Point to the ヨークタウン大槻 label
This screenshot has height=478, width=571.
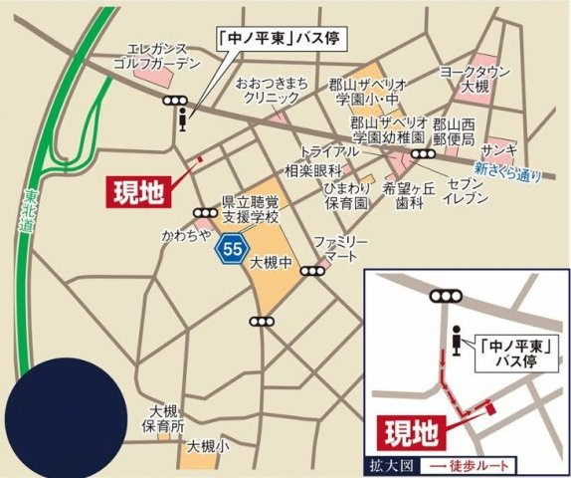tap(476, 80)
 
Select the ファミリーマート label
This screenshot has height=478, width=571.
tap(340, 248)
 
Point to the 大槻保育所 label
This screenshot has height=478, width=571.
tap(162, 417)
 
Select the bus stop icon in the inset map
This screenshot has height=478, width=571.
tap(457, 340)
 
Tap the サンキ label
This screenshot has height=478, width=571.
tap(498, 149)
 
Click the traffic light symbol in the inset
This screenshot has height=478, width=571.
tap(445, 296)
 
